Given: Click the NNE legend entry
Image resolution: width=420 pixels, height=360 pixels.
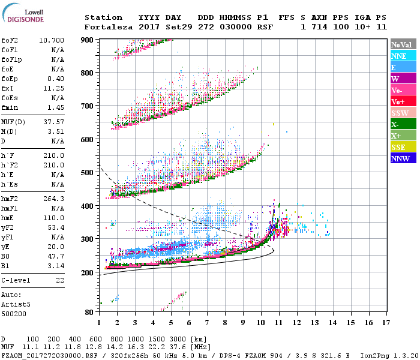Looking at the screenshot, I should tap(399, 56).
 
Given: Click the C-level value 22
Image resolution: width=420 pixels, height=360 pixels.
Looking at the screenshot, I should tap(59, 280).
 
